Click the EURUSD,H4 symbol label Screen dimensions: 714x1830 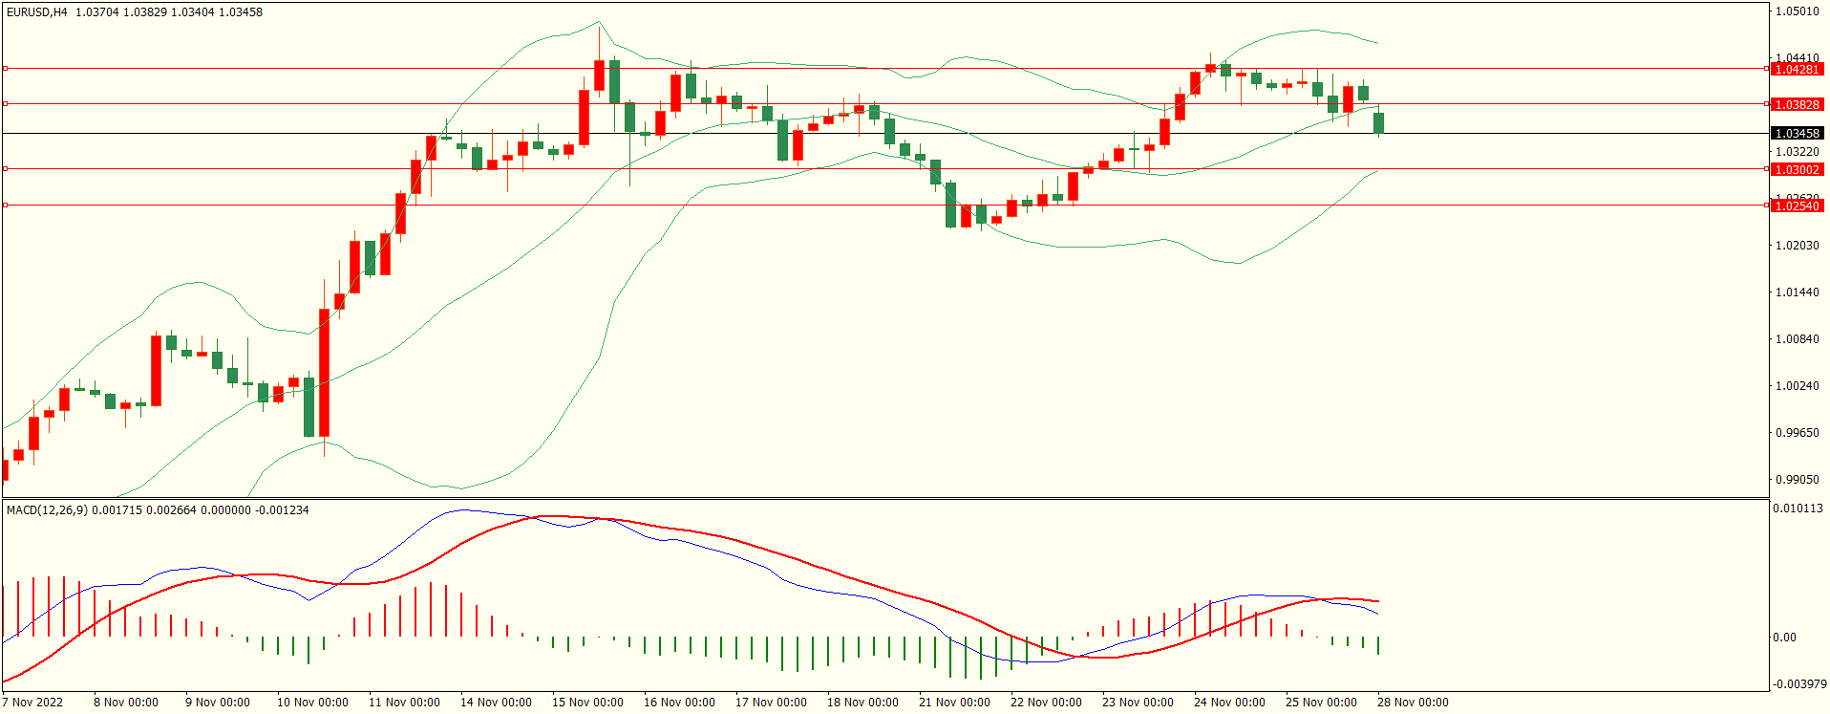(37, 12)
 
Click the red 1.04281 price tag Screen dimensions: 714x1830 (1797, 70)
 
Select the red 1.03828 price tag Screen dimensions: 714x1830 (1797, 105)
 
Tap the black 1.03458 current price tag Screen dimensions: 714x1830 (1797, 134)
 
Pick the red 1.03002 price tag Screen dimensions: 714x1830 (1797, 170)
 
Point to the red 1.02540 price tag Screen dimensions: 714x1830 (1797, 206)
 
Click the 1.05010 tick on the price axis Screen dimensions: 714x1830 (1797, 11)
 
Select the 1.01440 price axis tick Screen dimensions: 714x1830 (1797, 292)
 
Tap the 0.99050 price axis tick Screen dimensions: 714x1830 (1797, 480)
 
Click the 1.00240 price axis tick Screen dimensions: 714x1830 (1797, 386)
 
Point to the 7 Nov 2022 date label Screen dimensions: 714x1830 (32, 703)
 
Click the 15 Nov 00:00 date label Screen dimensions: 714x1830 (587, 703)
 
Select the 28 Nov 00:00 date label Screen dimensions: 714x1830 (1413, 703)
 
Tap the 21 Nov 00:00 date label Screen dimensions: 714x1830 (954, 703)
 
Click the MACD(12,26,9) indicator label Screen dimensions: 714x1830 (47, 510)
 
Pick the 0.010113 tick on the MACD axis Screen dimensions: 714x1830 (1798, 508)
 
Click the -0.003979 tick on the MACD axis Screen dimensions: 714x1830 (1799, 684)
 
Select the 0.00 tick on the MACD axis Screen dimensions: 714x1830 (1784, 638)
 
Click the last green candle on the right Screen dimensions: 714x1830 (1378, 122)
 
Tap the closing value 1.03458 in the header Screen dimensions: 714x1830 (241, 12)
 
